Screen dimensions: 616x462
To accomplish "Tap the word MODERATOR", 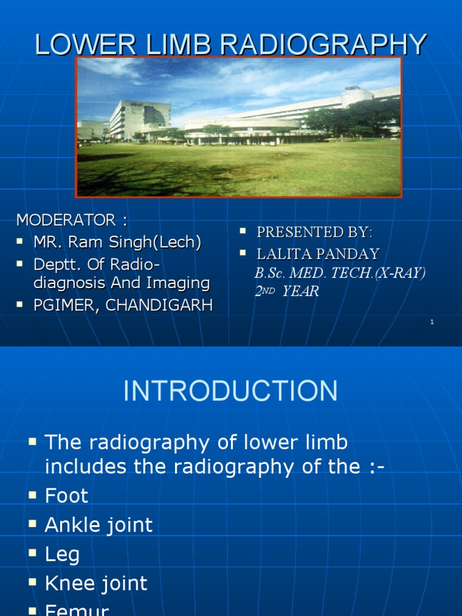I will click(x=66, y=220).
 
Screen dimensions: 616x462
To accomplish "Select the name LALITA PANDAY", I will click(x=318, y=253).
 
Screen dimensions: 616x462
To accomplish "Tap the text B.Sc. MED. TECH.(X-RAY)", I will click(x=340, y=273).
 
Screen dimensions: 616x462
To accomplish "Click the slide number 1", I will click(x=432, y=322).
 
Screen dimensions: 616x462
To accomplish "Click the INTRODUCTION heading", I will click(x=230, y=392).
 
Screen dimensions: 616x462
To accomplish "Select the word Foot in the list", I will click(x=66, y=496).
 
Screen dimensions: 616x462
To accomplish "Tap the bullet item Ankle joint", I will click(x=99, y=525).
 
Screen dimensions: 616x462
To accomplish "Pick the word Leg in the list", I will click(x=62, y=554).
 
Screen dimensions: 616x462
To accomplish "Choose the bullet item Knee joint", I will click(x=96, y=583).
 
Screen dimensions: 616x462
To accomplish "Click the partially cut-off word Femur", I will click(x=76, y=609).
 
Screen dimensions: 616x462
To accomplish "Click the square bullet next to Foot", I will click(x=32, y=494).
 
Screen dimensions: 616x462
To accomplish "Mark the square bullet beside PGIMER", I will click(x=20, y=304).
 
